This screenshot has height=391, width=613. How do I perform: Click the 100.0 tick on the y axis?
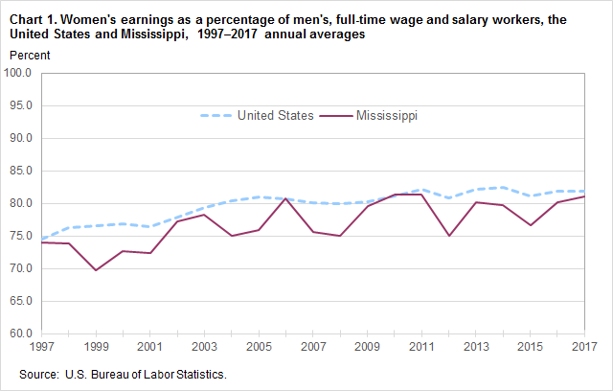[19, 73]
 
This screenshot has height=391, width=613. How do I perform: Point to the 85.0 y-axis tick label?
[19, 171]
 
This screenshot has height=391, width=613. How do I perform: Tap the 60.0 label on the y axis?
[19, 333]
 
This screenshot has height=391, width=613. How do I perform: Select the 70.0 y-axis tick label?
[19, 268]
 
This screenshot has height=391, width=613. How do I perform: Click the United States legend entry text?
[277, 116]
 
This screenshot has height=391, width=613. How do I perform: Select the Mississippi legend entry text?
[387, 116]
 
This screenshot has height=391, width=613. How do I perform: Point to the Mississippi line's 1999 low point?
[95, 270]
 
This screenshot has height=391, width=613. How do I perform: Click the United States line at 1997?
[40, 239]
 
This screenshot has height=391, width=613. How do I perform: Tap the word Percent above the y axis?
[29, 55]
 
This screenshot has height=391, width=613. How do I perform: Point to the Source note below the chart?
[123, 373]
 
